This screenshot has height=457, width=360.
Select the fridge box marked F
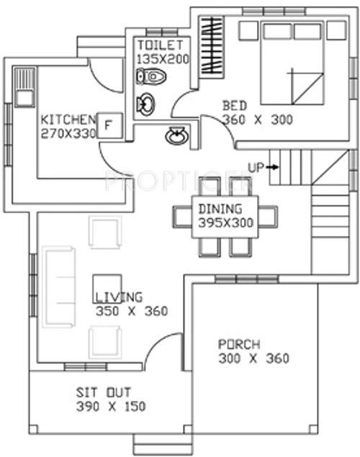coord(109,125)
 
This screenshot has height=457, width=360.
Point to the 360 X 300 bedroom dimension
coord(257,119)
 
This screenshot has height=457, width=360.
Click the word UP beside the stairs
coord(256,167)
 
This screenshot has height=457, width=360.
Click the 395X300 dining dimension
coord(225,223)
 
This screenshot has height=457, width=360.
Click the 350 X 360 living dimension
coord(131,312)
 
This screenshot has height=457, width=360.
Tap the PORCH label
coord(239,344)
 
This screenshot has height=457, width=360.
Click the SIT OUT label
coord(104,392)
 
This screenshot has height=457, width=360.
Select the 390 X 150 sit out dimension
coord(111,407)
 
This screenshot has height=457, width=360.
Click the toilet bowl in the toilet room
coord(149,76)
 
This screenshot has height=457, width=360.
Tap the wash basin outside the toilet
coord(175,135)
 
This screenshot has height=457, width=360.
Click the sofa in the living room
coord(57,287)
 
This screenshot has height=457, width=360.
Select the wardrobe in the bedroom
coord(211,45)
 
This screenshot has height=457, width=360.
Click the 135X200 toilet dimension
coord(162,58)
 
